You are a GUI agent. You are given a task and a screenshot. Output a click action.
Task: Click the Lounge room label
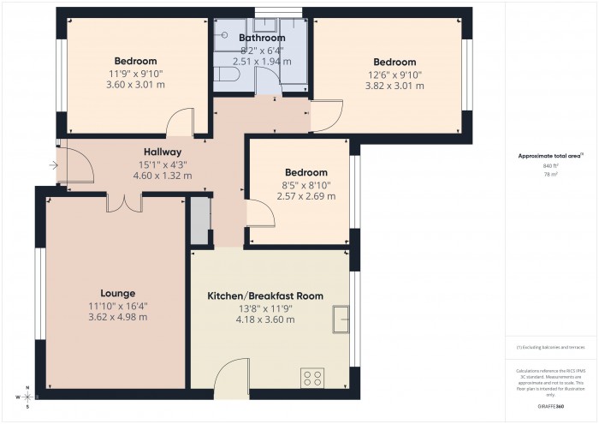tap(117, 293)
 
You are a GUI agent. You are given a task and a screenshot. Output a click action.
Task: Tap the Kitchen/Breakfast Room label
tap(265, 296)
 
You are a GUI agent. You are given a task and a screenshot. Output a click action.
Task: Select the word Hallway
tap(162, 152)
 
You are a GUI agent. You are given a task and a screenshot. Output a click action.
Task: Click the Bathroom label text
tap(262, 38)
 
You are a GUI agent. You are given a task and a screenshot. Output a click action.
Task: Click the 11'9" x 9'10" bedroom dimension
tap(135, 73)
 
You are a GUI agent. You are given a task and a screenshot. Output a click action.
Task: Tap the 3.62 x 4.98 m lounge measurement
tap(117, 317)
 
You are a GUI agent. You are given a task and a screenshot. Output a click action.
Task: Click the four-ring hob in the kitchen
tap(311, 378)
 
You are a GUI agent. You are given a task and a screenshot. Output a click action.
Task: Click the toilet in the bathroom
tap(225, 75)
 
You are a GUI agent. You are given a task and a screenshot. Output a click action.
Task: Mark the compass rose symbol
tap(27, 397)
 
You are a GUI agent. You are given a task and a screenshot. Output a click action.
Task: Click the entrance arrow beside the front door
tap(54, 164)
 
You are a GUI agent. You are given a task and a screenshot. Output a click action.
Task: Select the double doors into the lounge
tap(125, 202)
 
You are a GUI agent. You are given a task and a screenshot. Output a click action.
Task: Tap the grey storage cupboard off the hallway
tap(200, 221)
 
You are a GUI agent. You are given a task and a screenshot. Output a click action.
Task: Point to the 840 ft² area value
tap(549, 165)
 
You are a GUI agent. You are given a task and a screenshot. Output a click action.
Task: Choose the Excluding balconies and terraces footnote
tap(550, 347)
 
